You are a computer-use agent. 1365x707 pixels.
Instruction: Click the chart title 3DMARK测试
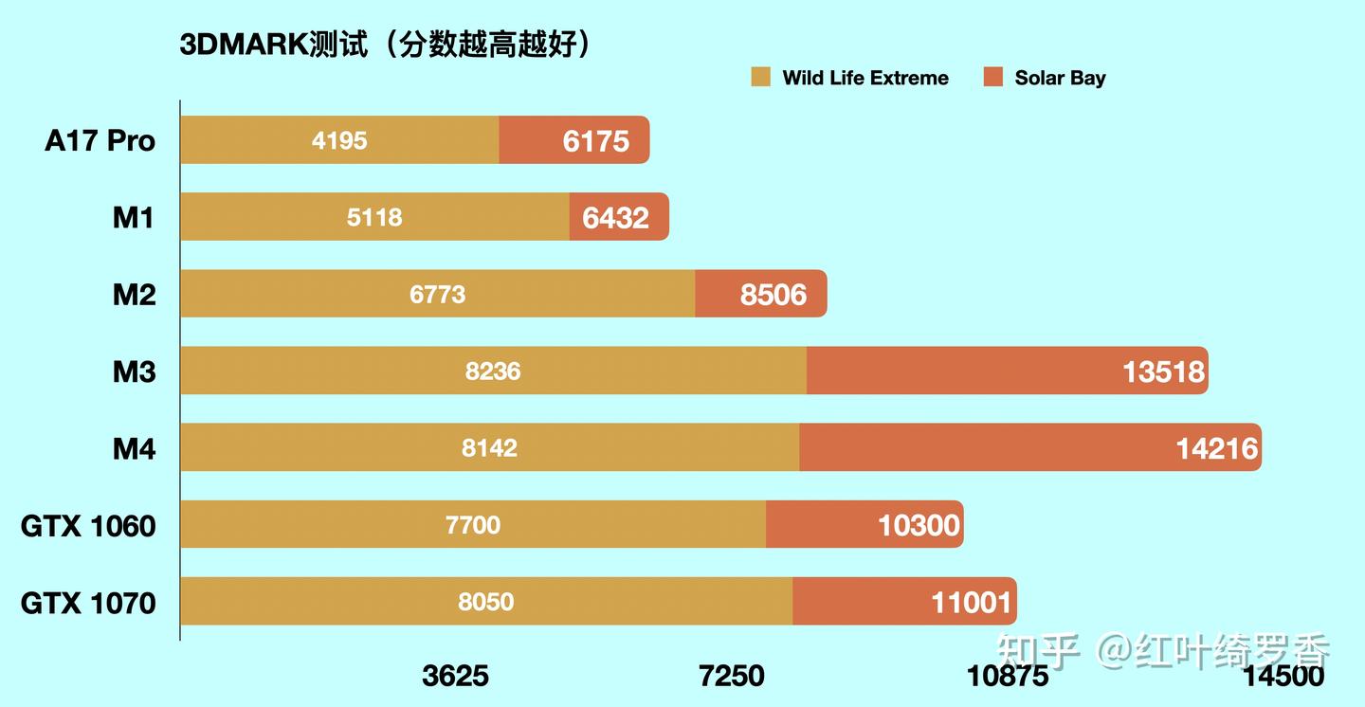pyautogui.click(x=384, y=44)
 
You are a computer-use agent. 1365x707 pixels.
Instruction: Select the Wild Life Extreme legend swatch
pyautogui.click(x=761, y=78)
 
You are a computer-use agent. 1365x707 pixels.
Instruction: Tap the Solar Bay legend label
pyautogui.click(x=1060, y=79)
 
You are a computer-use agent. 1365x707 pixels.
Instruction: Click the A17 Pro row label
pyautogui.click(x=100, y=141)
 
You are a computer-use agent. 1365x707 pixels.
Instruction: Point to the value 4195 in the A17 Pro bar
pyautogui.click(x=339, y=141)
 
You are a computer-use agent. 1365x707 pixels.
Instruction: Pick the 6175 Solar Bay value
pyautogui.click(x=595, y=141)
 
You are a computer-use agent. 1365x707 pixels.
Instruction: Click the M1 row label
pyautogui.click(x=134, y=218)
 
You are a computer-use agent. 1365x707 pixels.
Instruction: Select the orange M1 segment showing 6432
pyautogui.click(x=616, y=218)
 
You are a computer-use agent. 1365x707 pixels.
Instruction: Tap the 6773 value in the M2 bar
pyautogui.click(x=437, y=295)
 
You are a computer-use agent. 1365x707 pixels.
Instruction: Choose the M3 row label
pyautogui.click(x=134, y=372)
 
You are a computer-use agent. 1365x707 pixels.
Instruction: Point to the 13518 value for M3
pyautogui.click(x=1163, y=372)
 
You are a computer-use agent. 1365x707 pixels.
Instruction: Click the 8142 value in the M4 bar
pyautogui.click(x=489, y=448)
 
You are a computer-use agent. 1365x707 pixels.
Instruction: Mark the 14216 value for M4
pyautogui.click(x=1217, y=448)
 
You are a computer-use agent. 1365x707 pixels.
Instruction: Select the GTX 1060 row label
pyautogui.click(x=88, y=525)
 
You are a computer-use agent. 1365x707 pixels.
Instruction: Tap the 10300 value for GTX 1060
pyautogui.click(x=919, y=525)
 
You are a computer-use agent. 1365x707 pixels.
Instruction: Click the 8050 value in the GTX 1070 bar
pyautogui.click(x=485, y=602)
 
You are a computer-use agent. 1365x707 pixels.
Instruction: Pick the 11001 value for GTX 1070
pyautogui.click(x=972, y=602)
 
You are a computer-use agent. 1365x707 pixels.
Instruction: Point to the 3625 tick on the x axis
pyautogui.click(x=456, y=676)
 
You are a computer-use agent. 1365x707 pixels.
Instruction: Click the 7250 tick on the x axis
pyautogui.click(x=731, y=676)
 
